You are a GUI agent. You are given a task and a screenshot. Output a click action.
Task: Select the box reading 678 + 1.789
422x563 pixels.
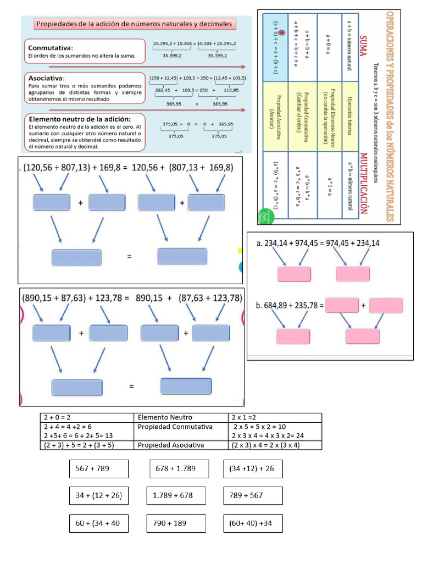(179, 469)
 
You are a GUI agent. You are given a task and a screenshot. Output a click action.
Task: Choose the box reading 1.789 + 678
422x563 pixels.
(176, 495)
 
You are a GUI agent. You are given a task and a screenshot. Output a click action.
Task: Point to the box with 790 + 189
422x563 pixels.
(176, 523)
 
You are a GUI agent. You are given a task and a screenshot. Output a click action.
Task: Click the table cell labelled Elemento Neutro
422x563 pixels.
(165, 417)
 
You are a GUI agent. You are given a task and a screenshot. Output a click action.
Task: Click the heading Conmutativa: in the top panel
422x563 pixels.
(57, 47)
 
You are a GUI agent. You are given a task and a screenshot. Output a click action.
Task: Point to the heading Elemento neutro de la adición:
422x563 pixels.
(79, 119)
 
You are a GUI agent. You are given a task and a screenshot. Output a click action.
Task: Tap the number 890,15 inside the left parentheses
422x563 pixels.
(43, 299)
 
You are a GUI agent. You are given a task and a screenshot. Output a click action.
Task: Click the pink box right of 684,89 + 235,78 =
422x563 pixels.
(341, 305)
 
